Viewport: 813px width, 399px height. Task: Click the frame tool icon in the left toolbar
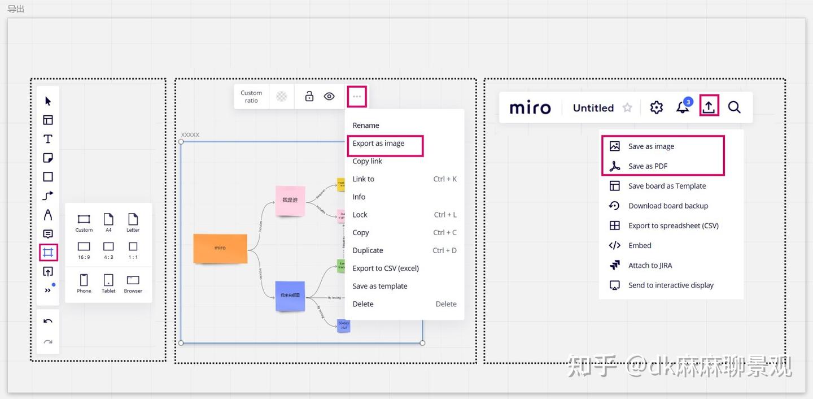pyautogui.click(x=48, y=252)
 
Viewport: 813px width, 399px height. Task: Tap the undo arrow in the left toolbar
pyautogui.click(x=48, y=322)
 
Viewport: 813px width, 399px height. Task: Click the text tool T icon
pyautogui.click(x=48, y=139)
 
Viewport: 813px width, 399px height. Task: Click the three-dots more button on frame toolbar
pyautogui.click(x=357, y=97)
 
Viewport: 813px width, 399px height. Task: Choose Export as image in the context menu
pyautogui.click(x=378, y=144)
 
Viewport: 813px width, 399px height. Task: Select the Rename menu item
pyautogui.click(x=366, y=125)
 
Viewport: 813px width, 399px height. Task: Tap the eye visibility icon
pyautogui.click(x=329, y=97)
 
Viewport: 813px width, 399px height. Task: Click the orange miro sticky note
pyautogui.click(x=220, y=249)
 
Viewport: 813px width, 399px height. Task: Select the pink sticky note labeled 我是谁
pyautogui.click(x=290, y=201)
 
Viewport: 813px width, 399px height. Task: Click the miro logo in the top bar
pyautogui.click(x=530, y=107)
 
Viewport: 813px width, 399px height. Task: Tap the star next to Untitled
pyautogui.click(x=627, y=107)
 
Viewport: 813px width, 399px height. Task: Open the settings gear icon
pyautogui.click(x=656, y=107)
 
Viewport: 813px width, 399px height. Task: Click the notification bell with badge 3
pyautogui.click(x=683, y=107)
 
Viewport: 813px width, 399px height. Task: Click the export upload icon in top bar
pyautogui.click(x=709, y=107)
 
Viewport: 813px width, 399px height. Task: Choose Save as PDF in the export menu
pyautogui.click(x=648, y=166)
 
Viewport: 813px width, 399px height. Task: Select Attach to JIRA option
pyautogui.click(x=650, y=266)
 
